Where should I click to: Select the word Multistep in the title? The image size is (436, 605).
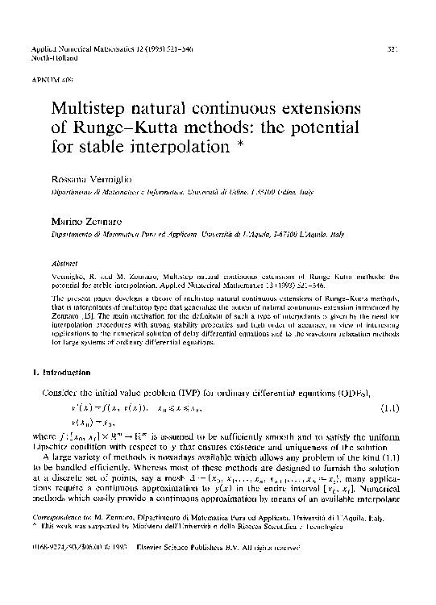click(90, 108)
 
